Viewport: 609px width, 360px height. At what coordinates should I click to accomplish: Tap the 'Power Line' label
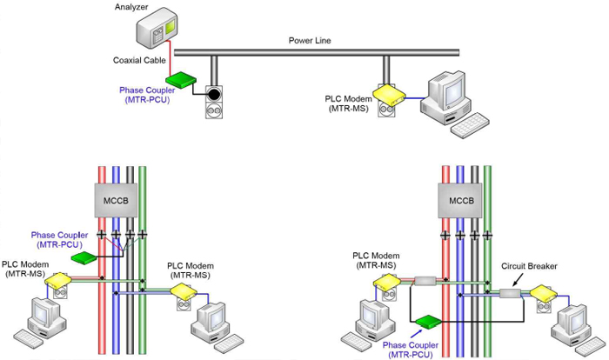point(311,40)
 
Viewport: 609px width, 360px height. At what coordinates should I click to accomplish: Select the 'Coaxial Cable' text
point(138,61)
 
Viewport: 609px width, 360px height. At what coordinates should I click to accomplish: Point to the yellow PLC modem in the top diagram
point(386,93)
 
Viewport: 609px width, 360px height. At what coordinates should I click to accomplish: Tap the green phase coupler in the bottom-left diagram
point(84,257)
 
